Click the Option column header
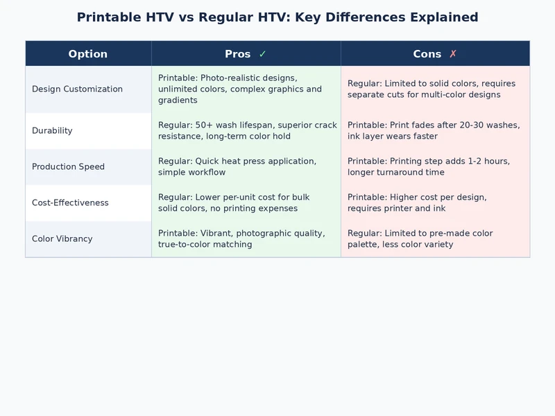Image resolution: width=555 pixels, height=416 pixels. point(88,54)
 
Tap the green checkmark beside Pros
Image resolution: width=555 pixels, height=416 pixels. point(262,54)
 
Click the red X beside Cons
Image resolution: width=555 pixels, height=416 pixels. point(453,54)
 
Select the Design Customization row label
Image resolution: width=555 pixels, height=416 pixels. point(77,89)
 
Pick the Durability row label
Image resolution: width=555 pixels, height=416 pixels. point(52,131)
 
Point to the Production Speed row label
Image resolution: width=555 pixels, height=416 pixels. point(68,167)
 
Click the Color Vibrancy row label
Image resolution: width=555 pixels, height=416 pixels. point(62,239)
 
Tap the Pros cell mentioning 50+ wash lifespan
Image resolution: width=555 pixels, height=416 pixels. point(247,131)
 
